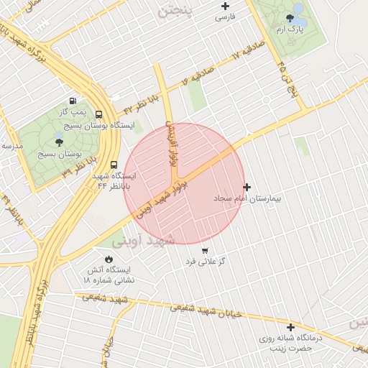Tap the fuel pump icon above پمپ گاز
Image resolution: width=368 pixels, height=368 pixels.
pyautogui.click(x=73, y=101)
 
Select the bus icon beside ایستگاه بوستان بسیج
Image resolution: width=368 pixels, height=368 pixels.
pyautogui.click(x=98, y=114)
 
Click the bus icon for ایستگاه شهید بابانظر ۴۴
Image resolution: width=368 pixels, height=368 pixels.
pyautogui.click(x=115, y=165)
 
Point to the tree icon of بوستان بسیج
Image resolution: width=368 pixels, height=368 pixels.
pyautogui.click(x=59, y=142)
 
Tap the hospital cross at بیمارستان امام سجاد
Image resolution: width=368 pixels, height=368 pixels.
pyautogui.click(x=247, y=186)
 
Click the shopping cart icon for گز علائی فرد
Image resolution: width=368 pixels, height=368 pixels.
pyautogui.click(x=205, y=251)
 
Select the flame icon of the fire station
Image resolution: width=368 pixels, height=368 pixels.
pyautogui.click(x=109, y=259)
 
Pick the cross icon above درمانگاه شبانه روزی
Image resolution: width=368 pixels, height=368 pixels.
pyautogui.click(x=290, y=327)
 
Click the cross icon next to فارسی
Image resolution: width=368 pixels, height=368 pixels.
pyautogui.click(x=226, y=6)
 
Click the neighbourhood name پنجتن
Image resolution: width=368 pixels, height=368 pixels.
pyautogui.click(x=175, y=12)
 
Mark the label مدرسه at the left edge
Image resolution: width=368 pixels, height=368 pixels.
pyautogui.click(x=11, y=146)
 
